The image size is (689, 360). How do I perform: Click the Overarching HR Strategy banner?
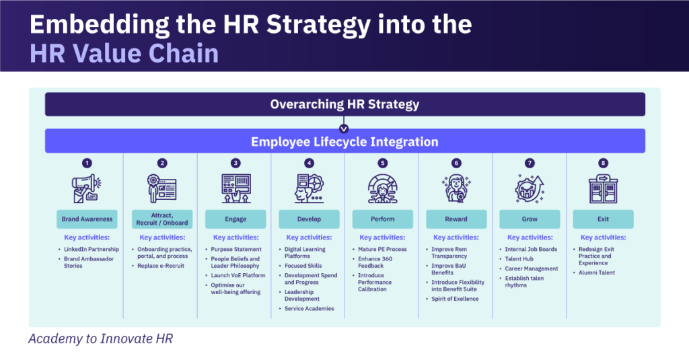point(344,104)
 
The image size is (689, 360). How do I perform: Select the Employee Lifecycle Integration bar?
point(344,141)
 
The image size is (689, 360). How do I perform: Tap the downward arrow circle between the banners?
point(344,128)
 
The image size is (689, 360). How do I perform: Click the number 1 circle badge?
point(87,163)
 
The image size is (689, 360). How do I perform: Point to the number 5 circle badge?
point(382,163)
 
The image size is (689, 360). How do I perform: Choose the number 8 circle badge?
point(604,163)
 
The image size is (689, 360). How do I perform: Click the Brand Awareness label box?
point(87,219)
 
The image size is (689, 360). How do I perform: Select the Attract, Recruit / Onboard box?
point(161,219)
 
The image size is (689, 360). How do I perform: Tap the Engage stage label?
point(235,219)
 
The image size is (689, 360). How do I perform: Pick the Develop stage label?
point(309,219)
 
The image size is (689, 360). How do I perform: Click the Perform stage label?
point(382,219)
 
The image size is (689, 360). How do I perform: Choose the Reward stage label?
point(456,219)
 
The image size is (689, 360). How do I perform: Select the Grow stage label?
point(530,219)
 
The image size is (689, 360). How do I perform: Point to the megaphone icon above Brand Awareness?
point(87,188)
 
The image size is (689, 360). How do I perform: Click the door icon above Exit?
point(604,188)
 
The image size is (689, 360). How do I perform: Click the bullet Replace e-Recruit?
point(160,266)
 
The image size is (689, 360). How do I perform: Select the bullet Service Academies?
point(309,309)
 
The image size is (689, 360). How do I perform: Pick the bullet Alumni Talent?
point(597,273)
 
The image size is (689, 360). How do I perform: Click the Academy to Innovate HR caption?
point(100,338)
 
